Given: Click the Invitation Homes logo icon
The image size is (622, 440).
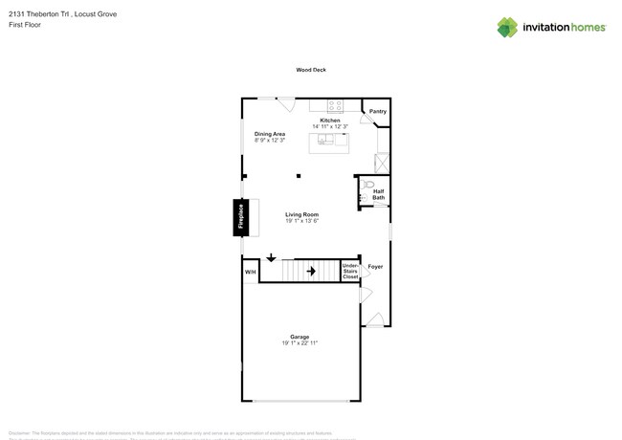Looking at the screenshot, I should [x=507, y=27].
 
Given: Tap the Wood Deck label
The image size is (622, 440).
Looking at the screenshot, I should [x=311, y=70].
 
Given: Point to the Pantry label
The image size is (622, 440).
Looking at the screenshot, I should [x=378, y=112].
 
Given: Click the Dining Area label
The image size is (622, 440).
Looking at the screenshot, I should [x=270, y=134].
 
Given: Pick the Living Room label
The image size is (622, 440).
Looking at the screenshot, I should [x=302, y=214].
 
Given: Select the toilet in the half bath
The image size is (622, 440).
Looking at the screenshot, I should [x=369, y=184].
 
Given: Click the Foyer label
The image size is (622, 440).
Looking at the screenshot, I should [x=375, y=267].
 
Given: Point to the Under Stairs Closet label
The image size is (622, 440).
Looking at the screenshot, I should [x=350, y=272].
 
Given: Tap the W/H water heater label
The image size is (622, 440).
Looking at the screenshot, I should [x=250, y=273].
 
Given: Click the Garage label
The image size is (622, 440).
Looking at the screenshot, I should [x=300, y=337].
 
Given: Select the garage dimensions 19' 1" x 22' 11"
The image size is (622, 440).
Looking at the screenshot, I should [x=300, y=343].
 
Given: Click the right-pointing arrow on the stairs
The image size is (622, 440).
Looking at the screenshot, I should [x=311, y=271].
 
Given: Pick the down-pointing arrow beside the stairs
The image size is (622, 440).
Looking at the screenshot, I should [x=272, y=258].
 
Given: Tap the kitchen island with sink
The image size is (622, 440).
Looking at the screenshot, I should [x=328, y=143].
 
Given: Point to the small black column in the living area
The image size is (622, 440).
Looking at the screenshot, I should [x=299, y=176].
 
